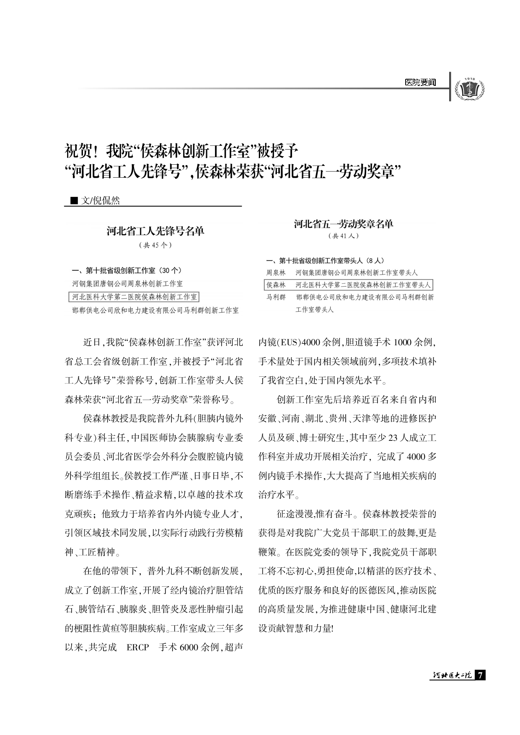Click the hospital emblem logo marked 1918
click(x=469, y=88)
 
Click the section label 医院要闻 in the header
click(x=420, y=83)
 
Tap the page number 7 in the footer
click(x=481, y=675)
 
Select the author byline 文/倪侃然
click(x=101, y=201)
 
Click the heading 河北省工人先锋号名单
click(x=155, y=231)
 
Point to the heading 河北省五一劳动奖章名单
click(x=343, y=224)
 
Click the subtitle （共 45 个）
click(x=155, y=245)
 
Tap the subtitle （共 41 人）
click(x=343, y=236)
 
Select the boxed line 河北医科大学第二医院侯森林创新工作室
click(x=134, y=297)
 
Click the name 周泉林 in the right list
click(x=276, y=273)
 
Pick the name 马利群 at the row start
click(x=276, y=297)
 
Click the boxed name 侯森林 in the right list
click(x=276, y=285)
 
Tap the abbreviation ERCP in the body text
click(x=137, y=647)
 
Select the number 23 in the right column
click(x=393, y=438)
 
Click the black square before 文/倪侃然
click(x=74, y=201)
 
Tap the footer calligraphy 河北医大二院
click(x=452, y=675)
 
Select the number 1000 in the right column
click(x=403, y=342)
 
